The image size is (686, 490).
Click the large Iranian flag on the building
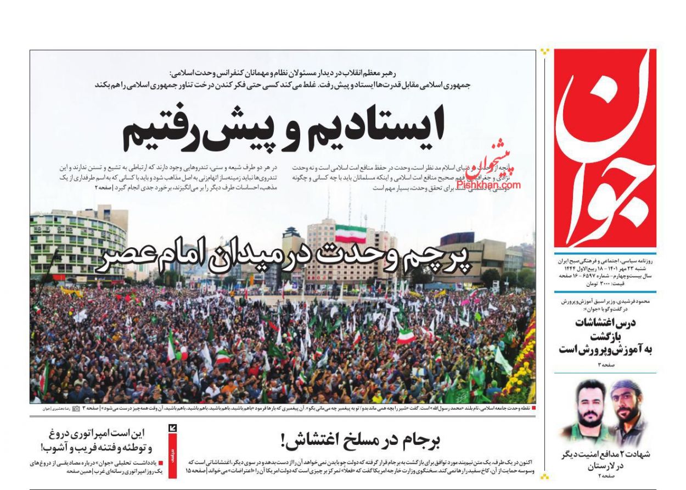(x=350, y=233)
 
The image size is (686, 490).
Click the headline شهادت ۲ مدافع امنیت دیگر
(x=605, y=454)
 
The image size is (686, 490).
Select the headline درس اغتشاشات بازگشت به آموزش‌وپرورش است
(x=605, y=336)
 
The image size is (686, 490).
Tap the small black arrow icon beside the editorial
(x=172, y=428)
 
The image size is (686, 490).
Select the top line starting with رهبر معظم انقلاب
(x=300, y=73)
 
